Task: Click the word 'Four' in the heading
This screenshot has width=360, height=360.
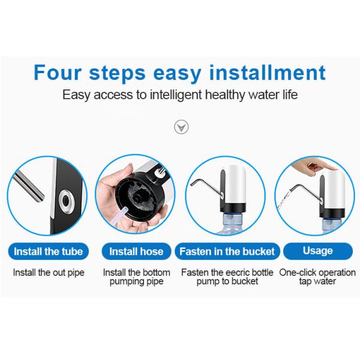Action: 57,73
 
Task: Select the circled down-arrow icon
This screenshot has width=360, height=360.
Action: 181,127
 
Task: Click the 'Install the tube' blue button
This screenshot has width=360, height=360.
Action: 48,251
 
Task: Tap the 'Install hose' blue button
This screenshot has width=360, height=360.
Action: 136,251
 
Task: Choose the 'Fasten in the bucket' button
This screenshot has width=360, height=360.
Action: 227,251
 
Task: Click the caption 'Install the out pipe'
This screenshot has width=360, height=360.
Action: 49,273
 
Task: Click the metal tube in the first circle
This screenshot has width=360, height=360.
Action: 29,187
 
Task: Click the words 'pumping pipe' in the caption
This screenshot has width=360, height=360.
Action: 136,281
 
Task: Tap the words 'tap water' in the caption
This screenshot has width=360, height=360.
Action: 317,281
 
